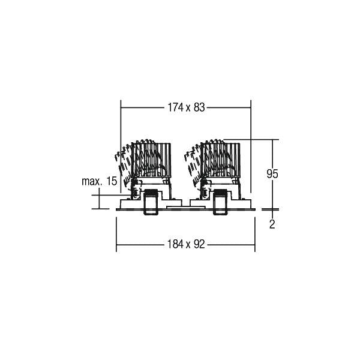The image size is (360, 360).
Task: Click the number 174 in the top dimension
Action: pos(175,107)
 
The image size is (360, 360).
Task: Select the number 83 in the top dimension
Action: pos(199,107)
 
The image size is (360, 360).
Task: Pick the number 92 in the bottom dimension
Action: pos(199,244)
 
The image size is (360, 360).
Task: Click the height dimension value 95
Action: pos(272,174)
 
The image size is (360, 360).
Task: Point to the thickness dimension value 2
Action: pos(272,224)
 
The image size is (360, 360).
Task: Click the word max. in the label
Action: pos(92,181)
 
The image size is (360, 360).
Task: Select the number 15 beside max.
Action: pos(112,181)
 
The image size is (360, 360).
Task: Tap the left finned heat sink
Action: pos(151,160)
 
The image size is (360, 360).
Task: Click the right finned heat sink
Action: pos(220,160)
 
